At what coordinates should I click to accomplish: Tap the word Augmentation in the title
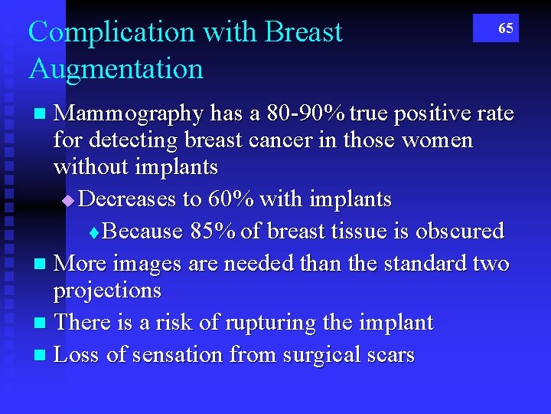(116, 69)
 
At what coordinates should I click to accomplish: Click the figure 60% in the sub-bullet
(230, 199)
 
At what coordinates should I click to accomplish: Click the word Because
(142, 231)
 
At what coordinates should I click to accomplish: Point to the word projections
(107, 291)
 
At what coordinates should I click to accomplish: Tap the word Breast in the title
(303, 32)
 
